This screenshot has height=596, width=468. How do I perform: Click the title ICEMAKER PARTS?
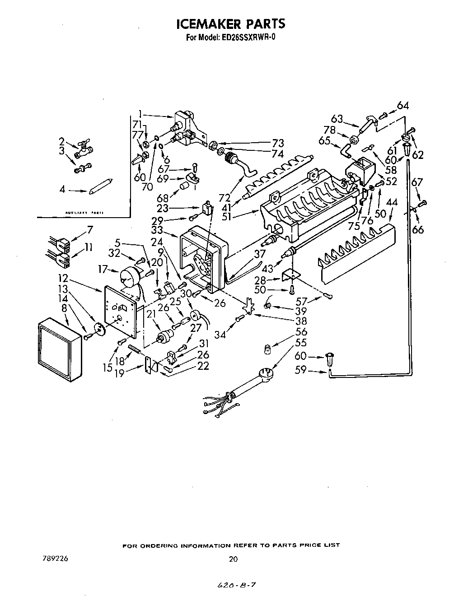[230, 23]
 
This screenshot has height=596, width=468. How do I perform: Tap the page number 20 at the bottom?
[233, 559]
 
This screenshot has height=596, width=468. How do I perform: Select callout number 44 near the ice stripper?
[392, 203]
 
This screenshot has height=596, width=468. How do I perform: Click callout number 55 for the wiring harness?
[301, 343]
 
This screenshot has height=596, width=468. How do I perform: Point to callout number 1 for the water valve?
[140, 113]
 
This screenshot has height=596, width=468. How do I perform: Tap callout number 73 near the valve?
[277, 143]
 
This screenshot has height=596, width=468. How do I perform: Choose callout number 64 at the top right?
[402, 106]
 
